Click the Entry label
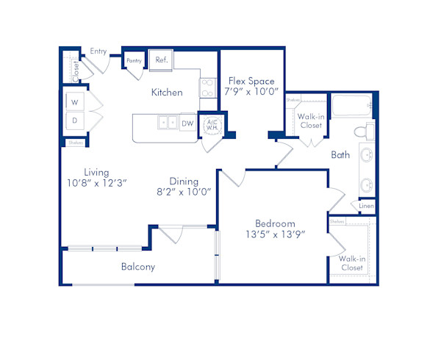[x=98, y=51]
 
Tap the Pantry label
[x=134, y=60]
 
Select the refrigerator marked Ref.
[x=160, y=60]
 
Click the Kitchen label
[x=167, y=93]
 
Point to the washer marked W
[x=75, y=102]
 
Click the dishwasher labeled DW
[x=187, y=123]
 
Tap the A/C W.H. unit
[x=211, y=125]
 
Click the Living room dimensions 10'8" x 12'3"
[x=96, y=183]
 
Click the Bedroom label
[x=275, y=223]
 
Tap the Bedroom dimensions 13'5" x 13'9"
[x=275, y=234]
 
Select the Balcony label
[x=138, y=267]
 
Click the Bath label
[x=340, y=155]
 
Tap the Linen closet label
[x=366, y=206]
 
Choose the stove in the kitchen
[x=207, y=88]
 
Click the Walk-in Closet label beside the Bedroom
[x=351, y=263]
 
